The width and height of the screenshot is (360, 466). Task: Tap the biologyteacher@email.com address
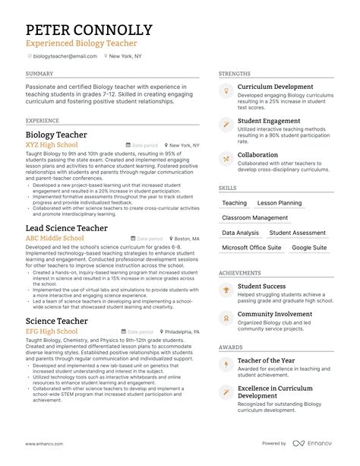[x=64, y=56]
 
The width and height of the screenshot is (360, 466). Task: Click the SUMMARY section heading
[x=39, y=74]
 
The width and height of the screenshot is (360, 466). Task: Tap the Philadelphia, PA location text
[x=181, y=332]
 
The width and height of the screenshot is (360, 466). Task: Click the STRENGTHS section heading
[x=234, y=74]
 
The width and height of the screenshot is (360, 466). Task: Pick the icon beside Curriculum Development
[x=226, y=90]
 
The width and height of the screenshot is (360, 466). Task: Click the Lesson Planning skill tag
[x=279, y=203]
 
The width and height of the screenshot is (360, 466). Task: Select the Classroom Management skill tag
[x=255, y=217]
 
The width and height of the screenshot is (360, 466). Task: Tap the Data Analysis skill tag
[x=240, y=233]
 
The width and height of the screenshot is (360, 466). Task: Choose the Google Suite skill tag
[x=309, y=247]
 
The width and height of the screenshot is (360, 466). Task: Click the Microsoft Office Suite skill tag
[x=251, y=247]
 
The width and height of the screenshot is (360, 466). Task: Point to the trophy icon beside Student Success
[x=226, y=290]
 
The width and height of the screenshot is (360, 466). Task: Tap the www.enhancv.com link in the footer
[x=44, y=444]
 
